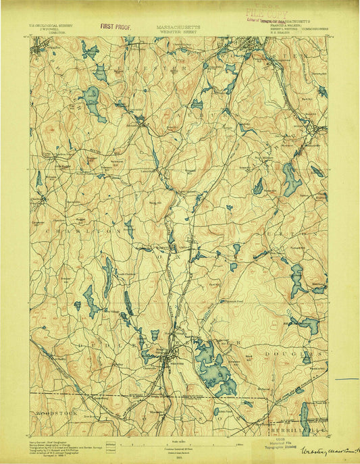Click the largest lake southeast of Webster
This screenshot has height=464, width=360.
click(x=214, y=368)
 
